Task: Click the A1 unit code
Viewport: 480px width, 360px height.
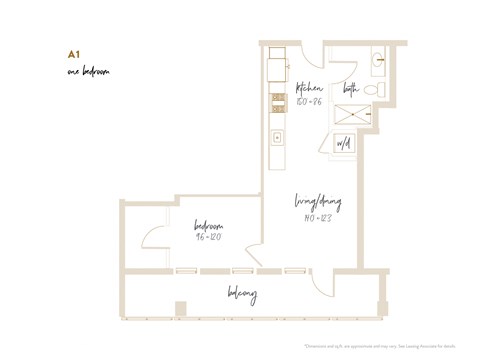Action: [x=73, y=54]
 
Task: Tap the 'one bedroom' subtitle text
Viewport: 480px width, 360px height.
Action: [x=88, y=72]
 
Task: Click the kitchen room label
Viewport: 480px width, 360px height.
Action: [x=309, y=87]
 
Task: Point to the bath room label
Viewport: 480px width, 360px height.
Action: [x=351, y=88]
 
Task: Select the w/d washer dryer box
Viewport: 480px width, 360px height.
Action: [x=345, y=144]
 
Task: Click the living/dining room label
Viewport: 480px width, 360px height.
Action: [x=318, y=203]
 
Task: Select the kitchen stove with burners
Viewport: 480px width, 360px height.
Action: [x=277, y=101]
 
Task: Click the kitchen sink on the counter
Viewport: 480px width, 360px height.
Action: [x=277, y=137]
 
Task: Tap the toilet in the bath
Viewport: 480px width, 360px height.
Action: [x=377, y=89]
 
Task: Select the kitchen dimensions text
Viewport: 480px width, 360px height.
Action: [x=308, y=101]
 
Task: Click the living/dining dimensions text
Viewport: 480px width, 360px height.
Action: [x=317, y=218]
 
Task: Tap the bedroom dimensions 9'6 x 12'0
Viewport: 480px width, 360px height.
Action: [x=208, y=238]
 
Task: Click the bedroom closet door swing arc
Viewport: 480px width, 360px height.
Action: [x=152, y=241]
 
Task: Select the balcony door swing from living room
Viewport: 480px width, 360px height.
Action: [x=318, y=281]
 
